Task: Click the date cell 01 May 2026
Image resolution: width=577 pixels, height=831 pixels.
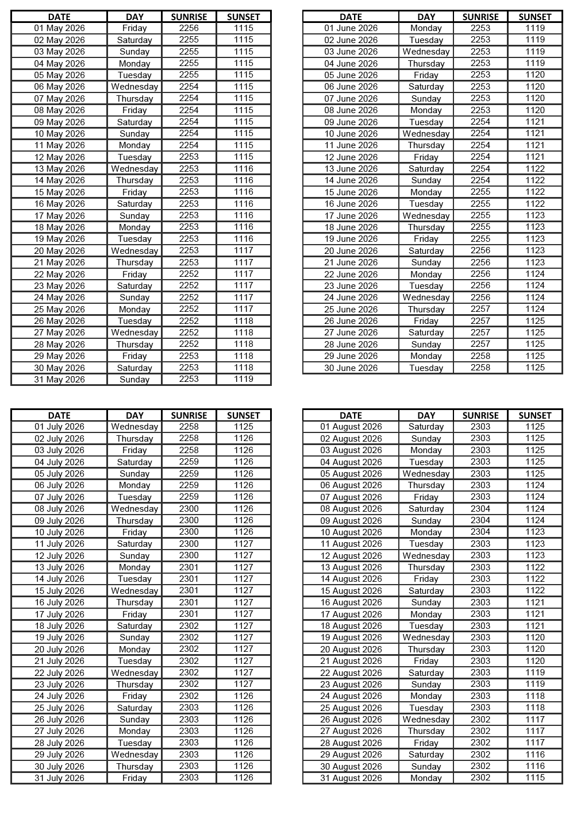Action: pyautogui.click(x=59, y=28)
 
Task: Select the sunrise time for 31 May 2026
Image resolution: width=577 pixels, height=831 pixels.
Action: pyautogui.click(x=189, y=379)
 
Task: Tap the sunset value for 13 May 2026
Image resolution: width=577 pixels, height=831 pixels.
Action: pyautogui.click(x=244, y=169)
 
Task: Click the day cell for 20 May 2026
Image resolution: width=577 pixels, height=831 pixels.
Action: pyautogui.click(x=134, y=251)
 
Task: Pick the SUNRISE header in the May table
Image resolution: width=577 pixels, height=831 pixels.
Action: pyautogui.click(x=189, y=17)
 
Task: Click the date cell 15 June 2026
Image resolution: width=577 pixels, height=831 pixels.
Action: pyautogui.click(x=351, y=192)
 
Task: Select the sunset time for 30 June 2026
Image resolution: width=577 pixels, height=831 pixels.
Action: pyautogui.click(x=535, y=368)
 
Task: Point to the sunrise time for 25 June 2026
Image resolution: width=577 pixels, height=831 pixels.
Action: pyautogui.click(x=480, y=309)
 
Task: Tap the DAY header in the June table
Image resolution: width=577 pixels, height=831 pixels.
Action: pyautogui.click(x=426, y=17)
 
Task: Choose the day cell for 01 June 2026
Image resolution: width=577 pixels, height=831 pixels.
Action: pyautogui.click(x=426, y=28)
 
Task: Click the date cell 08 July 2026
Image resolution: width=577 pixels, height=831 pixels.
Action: pyautogui.click(x=59, y=509)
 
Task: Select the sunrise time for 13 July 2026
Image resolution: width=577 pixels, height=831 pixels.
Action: pyautogui.click(x=189, y=567)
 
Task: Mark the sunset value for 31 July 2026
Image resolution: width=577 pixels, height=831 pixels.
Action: pyautogui.click(x=244, y=778)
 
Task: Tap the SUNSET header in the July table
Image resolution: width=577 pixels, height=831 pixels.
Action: pyautogui.click(x=244, y=415)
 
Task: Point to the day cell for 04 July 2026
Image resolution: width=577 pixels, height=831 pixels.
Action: pyautogui.click(x=134, y=462)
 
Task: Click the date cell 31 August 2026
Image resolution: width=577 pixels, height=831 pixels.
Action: pyautogui.click(x=351, y=778)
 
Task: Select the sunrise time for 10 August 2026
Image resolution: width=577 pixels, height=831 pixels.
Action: pyautogui.click(x=480, y=532)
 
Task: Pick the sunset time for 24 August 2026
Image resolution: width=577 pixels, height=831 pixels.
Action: pyautogui.click(x=535, y=696)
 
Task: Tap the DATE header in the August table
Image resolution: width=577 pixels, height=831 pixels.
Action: pyautogui.click(x=351, y=415)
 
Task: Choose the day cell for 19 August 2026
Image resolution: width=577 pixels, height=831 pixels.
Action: pyautogui.click(x=426, y=637)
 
